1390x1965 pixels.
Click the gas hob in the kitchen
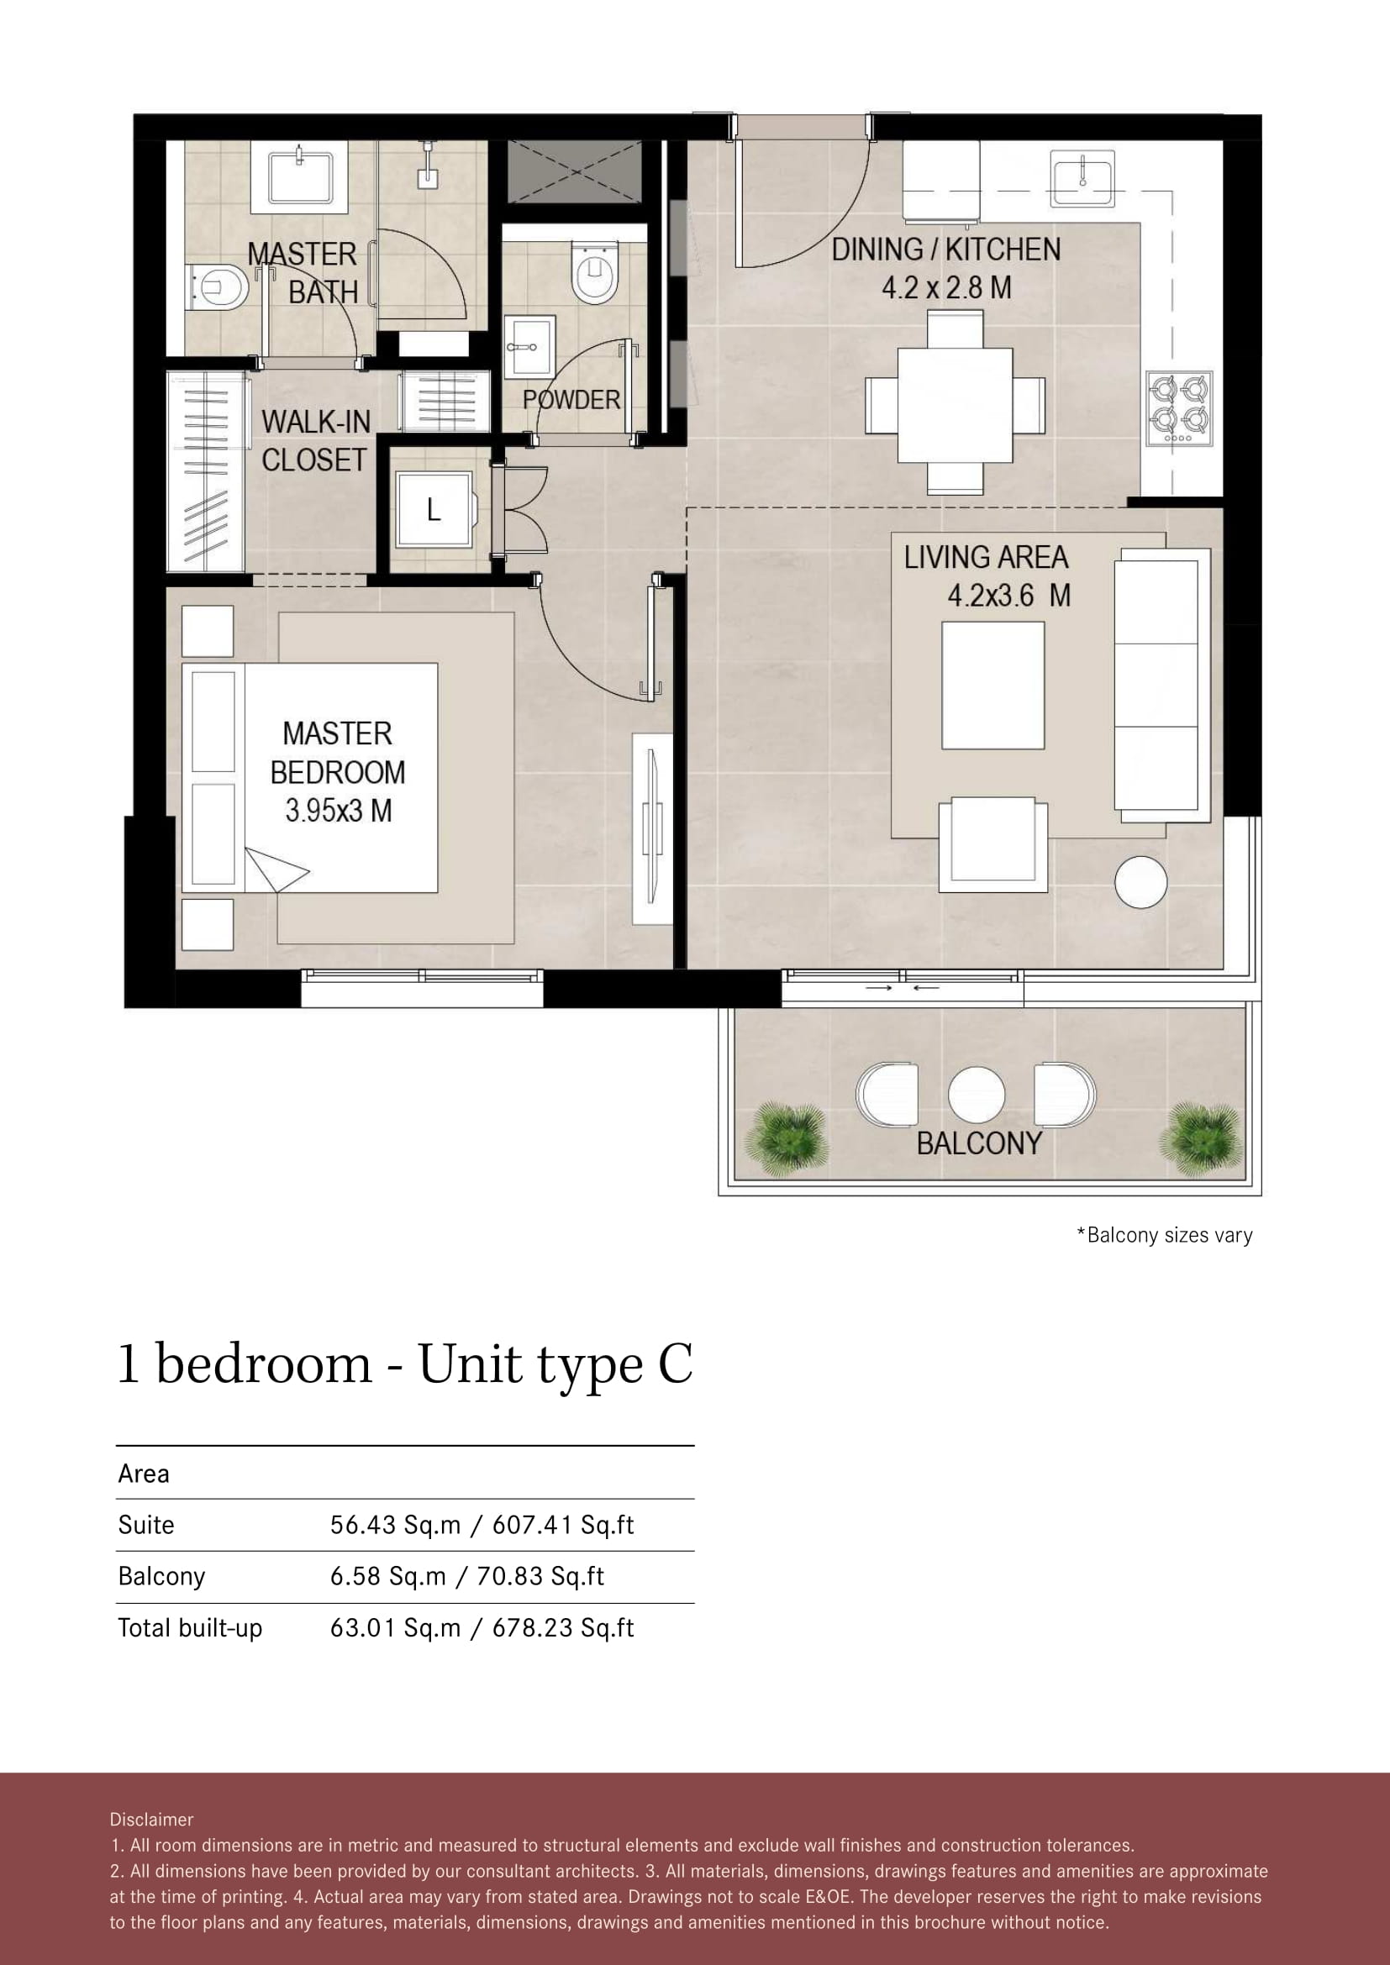pyautogui.click(x=1179, y=407)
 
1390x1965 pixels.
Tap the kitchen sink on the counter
pyautogui.click(x=1082, y=178)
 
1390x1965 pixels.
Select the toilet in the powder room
pyautogui.click(x=594, y=271)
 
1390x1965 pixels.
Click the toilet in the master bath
pyautogui.click(x=218, y=287)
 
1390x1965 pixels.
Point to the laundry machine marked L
pyautogui.click(x=434, y=510)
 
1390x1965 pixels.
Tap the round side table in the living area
pyautogui.click(x=1140, y=881)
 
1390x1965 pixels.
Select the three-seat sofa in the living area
pyautogui.click(x=1161, y=686)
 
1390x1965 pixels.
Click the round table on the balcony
pyautogui.click(x=977, y=1095)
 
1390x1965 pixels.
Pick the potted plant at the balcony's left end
pyautogui.click(x=787, y=1139)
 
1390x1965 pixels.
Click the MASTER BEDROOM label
pyautogui.click(x=337, y=771)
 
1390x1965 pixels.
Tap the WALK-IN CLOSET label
pyautogui.click(x=315, y=441)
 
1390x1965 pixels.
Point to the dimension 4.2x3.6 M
pyautogui.click(x=1008, y=595)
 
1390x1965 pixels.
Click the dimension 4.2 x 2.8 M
pyautogui.click(x=946, y=287)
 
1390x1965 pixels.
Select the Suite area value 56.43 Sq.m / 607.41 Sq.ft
pyautogui.click(x=482, y=1524)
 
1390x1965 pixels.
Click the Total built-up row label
pyautogui.click(x=190, y=1627)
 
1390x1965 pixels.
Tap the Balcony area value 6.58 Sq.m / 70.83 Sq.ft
pyautogui.click(x=467, y=1575)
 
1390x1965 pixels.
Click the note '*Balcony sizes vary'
pyautogui.click(x=1164, y=1235)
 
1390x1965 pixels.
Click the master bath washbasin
pyautogui.click(x=299, y=177)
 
